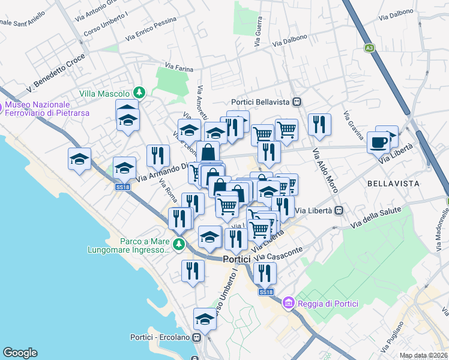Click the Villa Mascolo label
pos(104,94)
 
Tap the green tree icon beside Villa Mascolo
pos(139,92)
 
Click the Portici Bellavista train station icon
pos(297,103)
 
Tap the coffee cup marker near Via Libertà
pos(378,142)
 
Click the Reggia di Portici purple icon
pos(288,304)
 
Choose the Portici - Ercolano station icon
pos(196,337)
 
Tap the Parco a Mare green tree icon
pos(178,244)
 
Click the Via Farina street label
pos(179,68)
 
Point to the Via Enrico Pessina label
pos(151,29)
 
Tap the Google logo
pos(20,352)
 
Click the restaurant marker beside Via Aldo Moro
pos(319,125)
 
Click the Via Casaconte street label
pos(281,250)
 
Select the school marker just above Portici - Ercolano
pos(205,319)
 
